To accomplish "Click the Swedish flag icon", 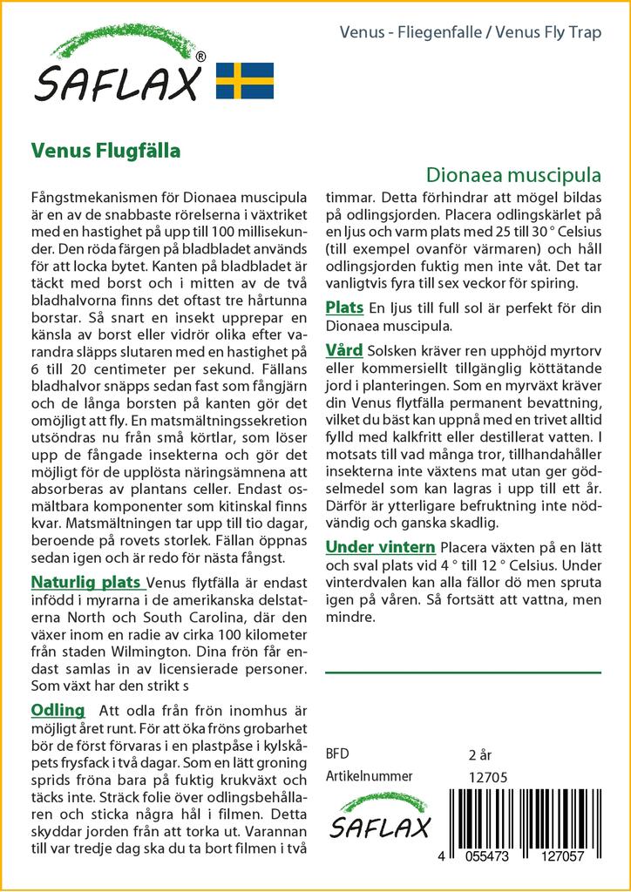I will [244, 80].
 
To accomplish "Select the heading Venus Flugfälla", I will [105, 150].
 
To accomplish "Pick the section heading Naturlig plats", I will [87, 582].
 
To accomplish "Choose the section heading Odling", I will [58, 710].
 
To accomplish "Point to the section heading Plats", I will [345, 307].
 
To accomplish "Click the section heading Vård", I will [344, 350].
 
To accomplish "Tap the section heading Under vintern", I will [380, 547].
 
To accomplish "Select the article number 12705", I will [488, 777].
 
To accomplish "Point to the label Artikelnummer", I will [369, 776].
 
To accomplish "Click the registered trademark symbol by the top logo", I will [201, 57].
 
